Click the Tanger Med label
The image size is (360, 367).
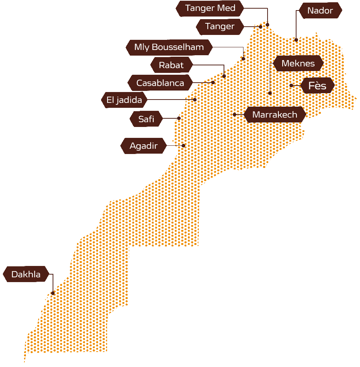[210, 8]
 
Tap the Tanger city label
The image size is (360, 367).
[220, 26]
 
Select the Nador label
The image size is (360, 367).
[320, 11]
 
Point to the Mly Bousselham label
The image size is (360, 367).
[169, 47]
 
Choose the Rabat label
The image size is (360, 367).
[171, 65]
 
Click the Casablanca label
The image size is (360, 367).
[160, 83]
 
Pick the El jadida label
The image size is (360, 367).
[124, 100]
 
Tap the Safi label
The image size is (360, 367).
[146, 119]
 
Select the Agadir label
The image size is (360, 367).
[143, 146]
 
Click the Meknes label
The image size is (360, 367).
[298, 63]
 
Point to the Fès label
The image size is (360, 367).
[317, 86]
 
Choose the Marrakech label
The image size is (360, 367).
[275, 115]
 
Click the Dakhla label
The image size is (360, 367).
[26, 274]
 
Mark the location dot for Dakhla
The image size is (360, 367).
[53, 293]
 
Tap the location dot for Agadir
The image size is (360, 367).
[183, 145]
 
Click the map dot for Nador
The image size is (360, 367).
[296, 39]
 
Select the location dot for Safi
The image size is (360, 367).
[179, 118]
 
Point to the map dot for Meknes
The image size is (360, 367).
[270, 93]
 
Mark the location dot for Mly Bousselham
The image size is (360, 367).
[243, 59]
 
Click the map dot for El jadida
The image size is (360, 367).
[195, 100]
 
